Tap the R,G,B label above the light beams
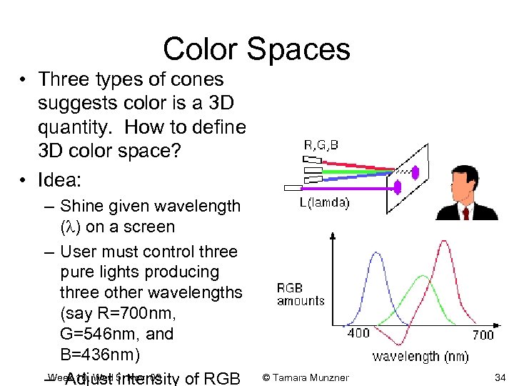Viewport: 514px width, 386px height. pos(321,145)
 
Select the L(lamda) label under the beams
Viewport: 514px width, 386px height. pos(324,202)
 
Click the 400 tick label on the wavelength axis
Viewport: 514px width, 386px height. pos(358,334)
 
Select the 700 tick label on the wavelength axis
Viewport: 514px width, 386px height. pos(483,335)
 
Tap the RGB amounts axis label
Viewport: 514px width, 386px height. pos(301,295)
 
